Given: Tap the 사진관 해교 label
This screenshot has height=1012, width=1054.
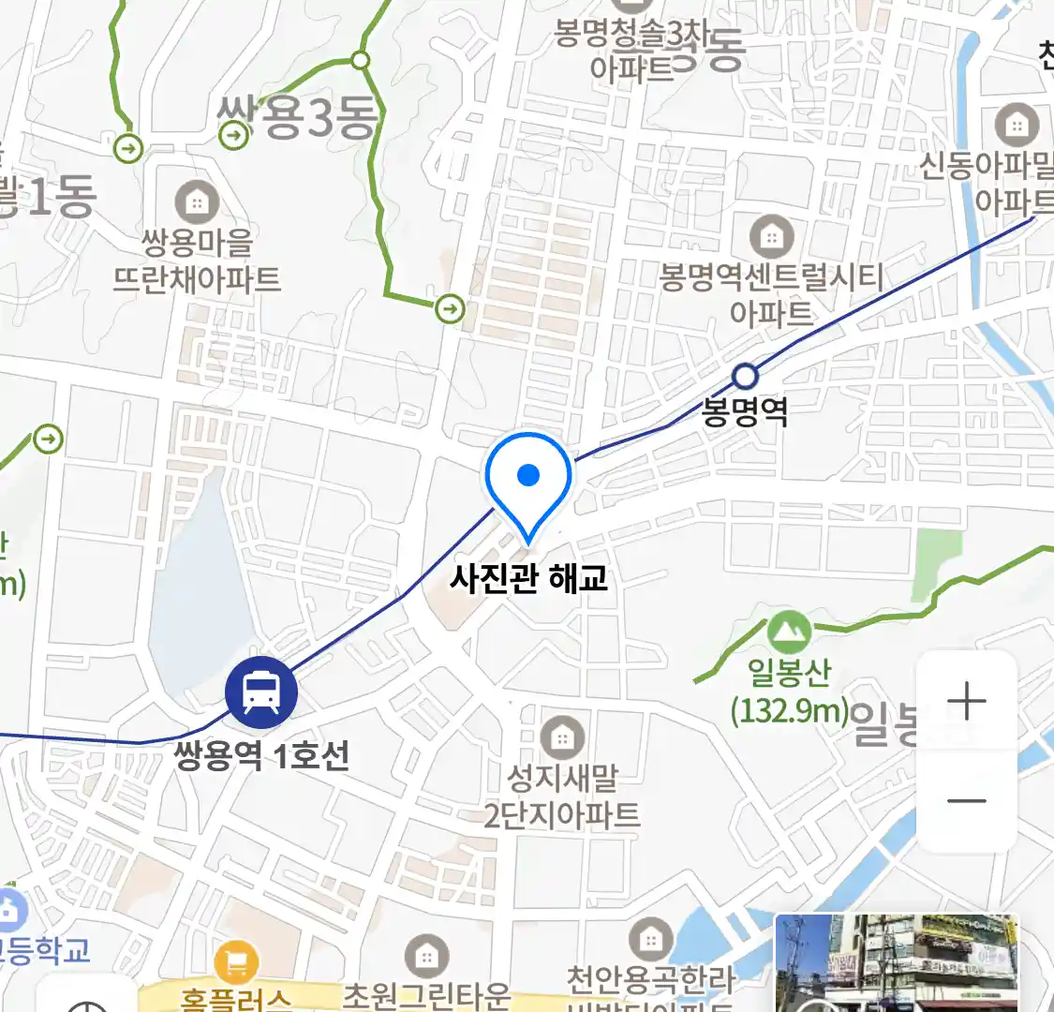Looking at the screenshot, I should pos(528,578).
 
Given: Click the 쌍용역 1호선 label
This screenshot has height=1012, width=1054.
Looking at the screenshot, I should pos(262,755).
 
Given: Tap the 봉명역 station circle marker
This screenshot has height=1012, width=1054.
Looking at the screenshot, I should pos(745,377).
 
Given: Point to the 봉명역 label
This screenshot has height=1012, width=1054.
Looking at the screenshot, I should pos(745,412).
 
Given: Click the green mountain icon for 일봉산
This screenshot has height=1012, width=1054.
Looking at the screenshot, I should pos(789,632).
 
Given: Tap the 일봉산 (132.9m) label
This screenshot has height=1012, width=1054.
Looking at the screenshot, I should pos(790,692).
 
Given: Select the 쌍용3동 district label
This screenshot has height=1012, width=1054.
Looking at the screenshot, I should pos(298,119).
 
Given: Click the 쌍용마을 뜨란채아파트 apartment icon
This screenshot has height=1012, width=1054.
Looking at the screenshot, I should pos(197,202).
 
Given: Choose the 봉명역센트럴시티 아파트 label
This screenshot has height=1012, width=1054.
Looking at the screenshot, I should pos(771,294).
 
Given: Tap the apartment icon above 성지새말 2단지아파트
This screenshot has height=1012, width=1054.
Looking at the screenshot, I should pos(562,737).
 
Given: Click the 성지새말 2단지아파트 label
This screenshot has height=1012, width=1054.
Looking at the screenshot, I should pos(562,796).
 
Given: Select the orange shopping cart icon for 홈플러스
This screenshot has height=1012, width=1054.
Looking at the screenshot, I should pos(235,961).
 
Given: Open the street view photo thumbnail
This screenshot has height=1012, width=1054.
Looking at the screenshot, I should pos(896,963).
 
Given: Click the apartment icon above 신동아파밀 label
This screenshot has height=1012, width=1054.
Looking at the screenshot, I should pos(1017,125).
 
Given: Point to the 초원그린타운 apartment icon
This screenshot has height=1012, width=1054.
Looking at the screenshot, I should pos(426,956).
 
